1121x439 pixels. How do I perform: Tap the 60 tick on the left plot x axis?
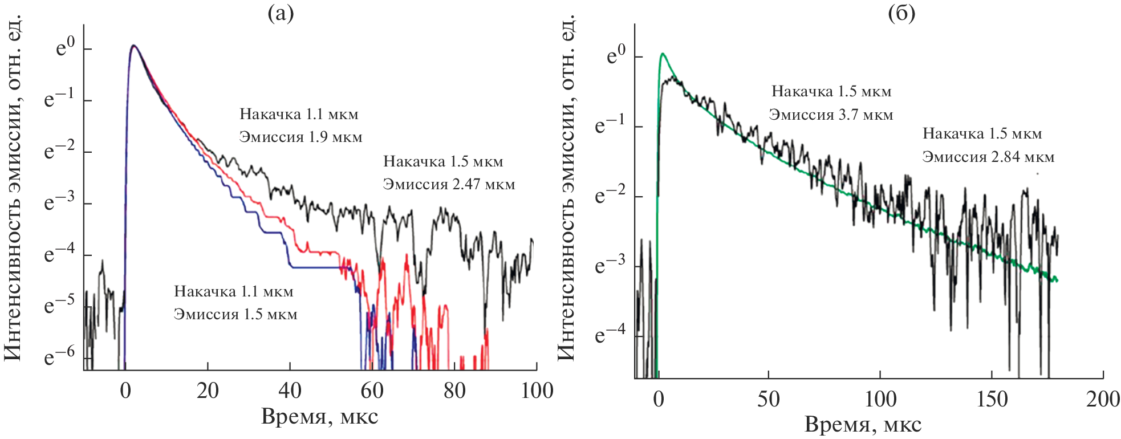372,391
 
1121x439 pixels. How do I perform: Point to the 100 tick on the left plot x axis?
537,391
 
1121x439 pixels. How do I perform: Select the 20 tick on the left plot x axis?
208,391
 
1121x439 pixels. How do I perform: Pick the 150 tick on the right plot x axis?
992,399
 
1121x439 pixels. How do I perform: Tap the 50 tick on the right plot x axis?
768,399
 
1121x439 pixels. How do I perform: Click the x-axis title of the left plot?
319,417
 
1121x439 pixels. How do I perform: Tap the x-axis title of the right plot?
863,425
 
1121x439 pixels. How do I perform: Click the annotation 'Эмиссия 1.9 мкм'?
300,137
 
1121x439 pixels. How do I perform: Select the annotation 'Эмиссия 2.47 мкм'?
449,185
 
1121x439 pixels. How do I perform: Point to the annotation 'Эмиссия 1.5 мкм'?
235,315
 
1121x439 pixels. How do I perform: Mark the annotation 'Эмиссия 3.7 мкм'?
831,115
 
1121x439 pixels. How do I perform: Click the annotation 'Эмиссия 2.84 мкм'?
988,157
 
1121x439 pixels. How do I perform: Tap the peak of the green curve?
663,54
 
